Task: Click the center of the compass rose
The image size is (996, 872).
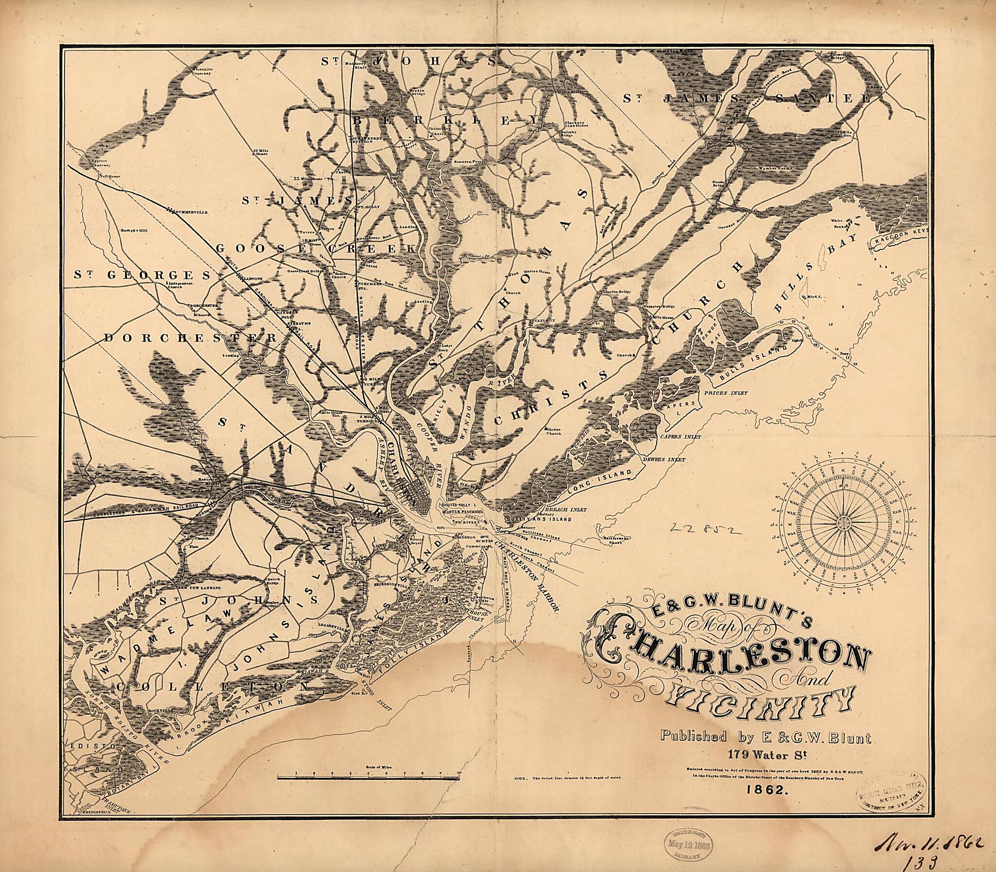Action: [843, 522]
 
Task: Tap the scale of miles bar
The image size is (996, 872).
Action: [368, 779]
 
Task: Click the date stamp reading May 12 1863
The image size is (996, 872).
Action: [688, 846]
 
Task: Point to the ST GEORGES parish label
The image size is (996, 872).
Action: [142, 275]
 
